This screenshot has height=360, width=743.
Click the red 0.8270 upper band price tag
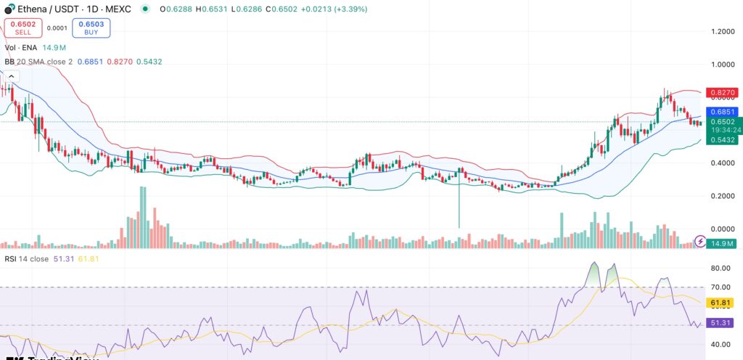[x=724, y=93]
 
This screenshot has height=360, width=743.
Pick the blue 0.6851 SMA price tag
[x=724, y=112]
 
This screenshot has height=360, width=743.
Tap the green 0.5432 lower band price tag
[x=724, y=139]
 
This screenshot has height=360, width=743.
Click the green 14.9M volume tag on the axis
[x=724, y=243]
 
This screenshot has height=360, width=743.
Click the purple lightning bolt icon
[x=701, y=240]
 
